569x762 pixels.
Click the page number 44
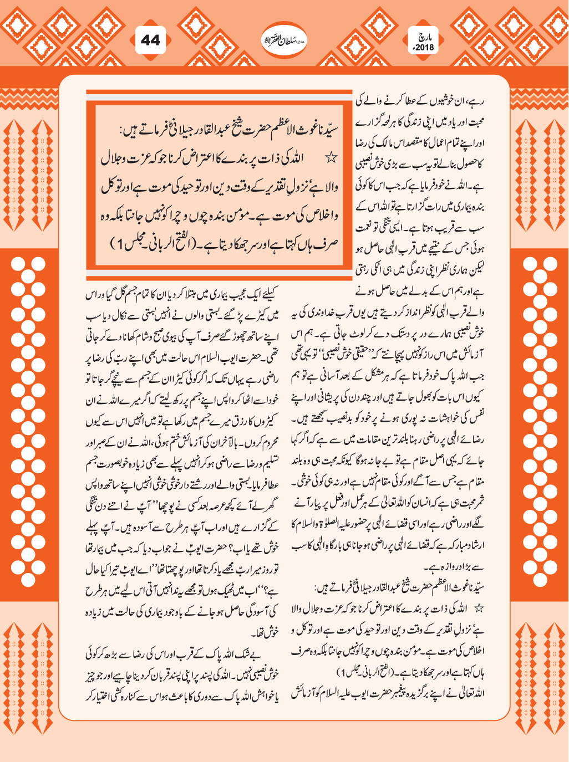[150, 40]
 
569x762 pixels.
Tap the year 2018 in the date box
[425, 48]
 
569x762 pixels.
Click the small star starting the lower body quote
[479, 608]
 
